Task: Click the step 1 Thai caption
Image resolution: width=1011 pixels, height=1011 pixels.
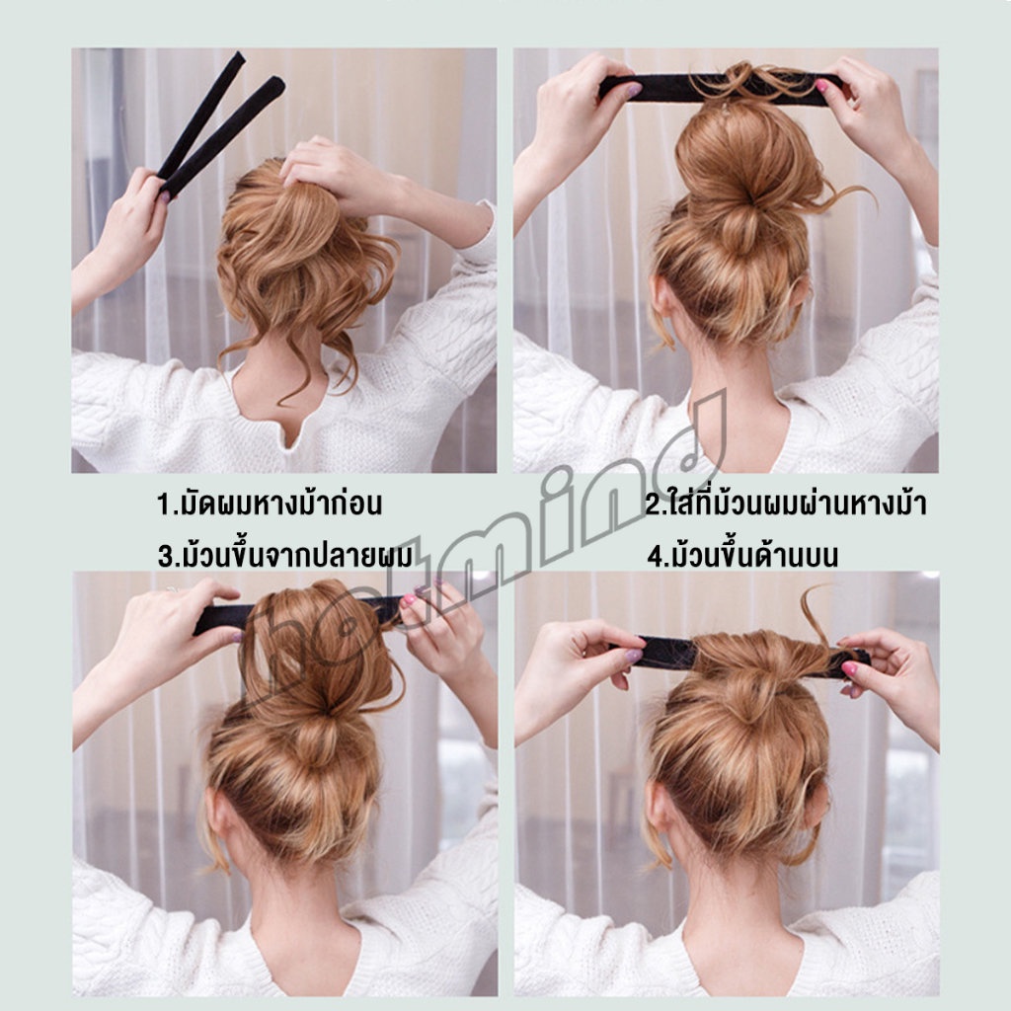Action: [x=270, y=503]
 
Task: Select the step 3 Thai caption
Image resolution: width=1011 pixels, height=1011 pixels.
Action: [x=285, y=555]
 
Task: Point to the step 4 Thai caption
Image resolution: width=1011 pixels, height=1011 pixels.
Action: [x=742, y=555]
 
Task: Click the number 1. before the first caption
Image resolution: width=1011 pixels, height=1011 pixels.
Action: [x=168, y=505]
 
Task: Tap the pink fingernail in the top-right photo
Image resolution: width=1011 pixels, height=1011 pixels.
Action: [x=821, y=85]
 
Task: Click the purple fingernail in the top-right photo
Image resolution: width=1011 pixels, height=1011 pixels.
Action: [x=633, y=90]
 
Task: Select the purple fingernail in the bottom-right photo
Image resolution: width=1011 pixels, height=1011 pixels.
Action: [x=633, y=656]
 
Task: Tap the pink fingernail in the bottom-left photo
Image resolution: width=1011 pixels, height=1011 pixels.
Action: [x=408, y=601]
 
